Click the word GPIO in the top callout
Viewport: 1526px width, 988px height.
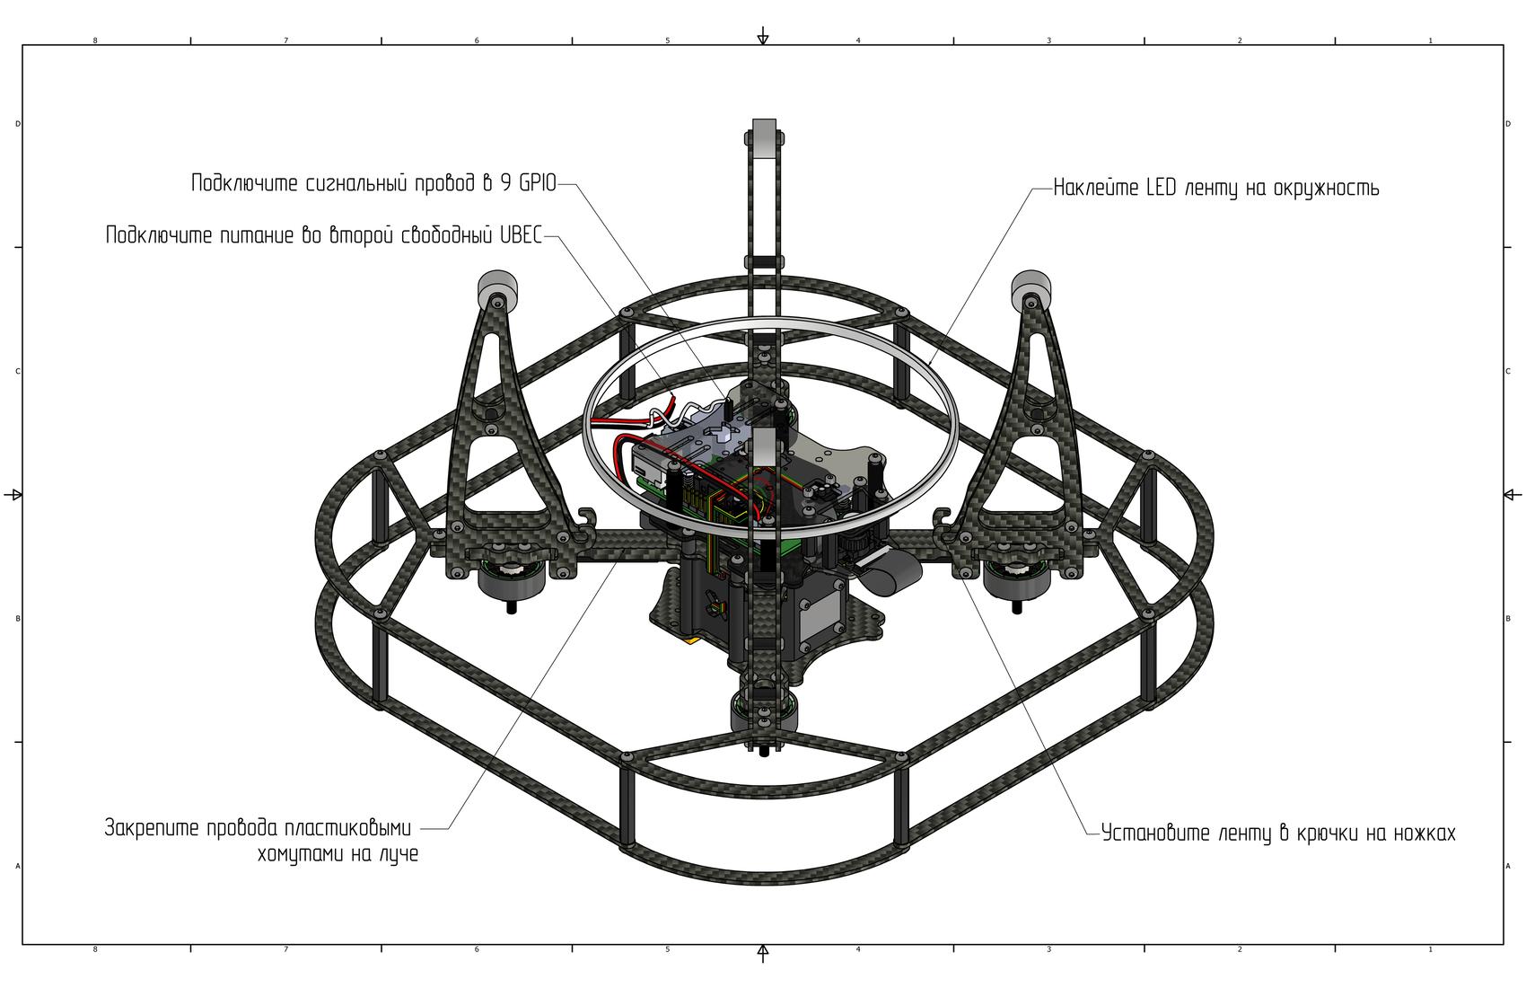(539, 183)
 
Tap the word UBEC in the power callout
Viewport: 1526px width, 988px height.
(522, 235)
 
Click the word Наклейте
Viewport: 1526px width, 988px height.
(1097, 188)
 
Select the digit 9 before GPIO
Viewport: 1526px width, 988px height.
(506, 183)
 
